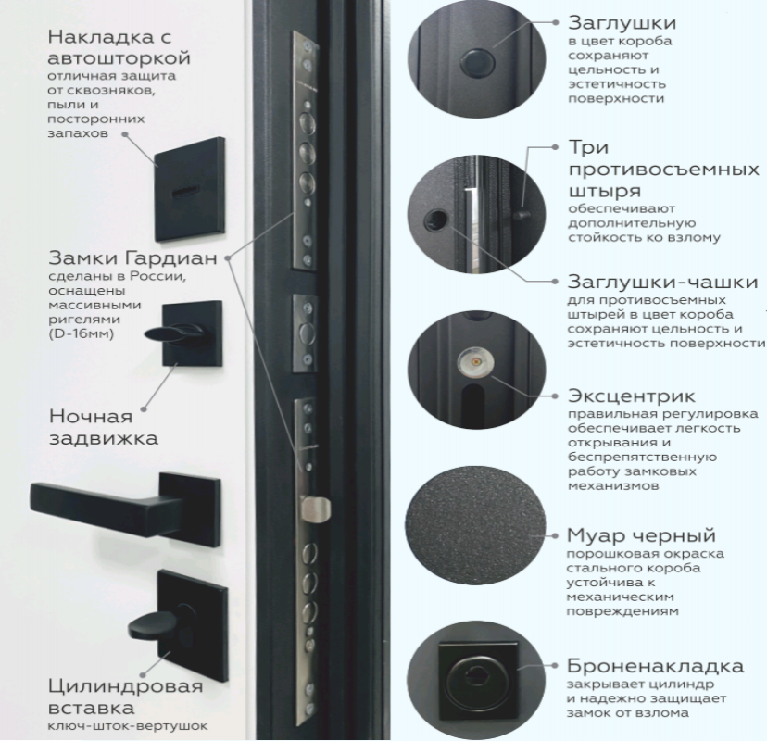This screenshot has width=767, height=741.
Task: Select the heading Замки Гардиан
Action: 132,257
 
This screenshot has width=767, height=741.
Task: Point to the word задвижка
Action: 103,438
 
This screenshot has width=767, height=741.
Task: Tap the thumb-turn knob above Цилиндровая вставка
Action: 152,623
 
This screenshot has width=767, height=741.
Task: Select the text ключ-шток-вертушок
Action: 128,726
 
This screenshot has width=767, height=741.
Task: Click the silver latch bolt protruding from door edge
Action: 315,509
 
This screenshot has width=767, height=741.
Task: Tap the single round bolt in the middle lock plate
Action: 307,333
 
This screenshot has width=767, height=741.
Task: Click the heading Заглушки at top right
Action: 622,23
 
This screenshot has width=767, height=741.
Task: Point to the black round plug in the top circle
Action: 477,63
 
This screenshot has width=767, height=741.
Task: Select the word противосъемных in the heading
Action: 664,170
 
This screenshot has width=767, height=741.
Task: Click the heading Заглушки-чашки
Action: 663,283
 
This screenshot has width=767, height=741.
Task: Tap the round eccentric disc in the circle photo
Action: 475,363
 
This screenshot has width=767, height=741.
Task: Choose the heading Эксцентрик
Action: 632,396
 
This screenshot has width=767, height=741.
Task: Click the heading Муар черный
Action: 641,535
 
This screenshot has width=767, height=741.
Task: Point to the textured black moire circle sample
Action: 475,525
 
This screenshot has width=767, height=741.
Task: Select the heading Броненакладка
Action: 655,666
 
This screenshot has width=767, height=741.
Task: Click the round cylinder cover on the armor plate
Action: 476,682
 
